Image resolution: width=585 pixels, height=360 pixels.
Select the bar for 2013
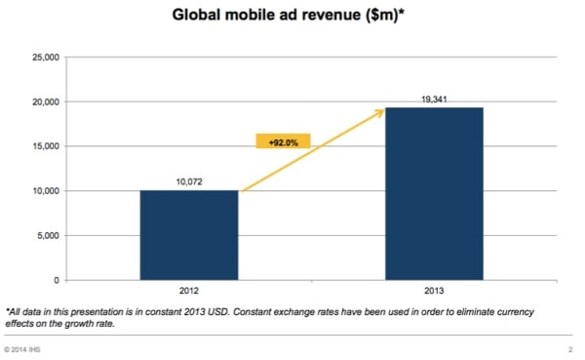point(436,193)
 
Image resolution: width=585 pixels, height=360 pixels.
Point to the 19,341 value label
point(436,99)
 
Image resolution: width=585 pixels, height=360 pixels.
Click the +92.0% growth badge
point(283,141)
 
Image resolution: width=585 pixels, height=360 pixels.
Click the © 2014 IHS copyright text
point(26,348)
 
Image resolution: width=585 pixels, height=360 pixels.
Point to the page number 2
point(568,348)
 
